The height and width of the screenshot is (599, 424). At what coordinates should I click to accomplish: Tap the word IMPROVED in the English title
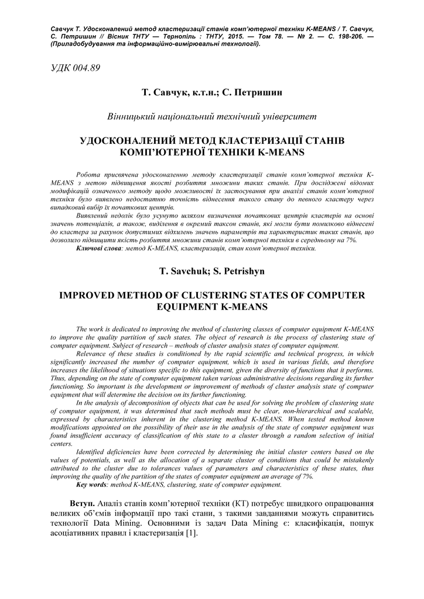click(x=88, y=295)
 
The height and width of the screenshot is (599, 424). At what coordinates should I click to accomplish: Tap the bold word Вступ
click(x=82, y=504)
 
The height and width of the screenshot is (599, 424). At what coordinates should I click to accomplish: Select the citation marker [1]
click(x=191, y=534)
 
